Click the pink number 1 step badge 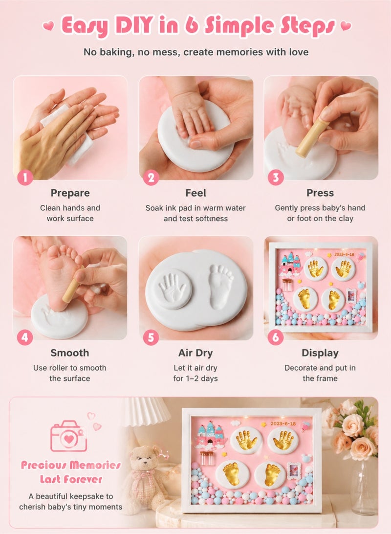[x=25, y=178]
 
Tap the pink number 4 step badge [x=25, y=337]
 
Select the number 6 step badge [x=276, y=337]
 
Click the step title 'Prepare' [x=70, y=193]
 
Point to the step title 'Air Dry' [x=195, y=353]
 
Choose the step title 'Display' [x=320, y=353]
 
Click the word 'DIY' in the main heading [x=134, y=25]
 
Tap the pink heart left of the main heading [x=48, y=25]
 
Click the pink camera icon [x=69, y=436]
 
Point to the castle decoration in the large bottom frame [x=208, y=435]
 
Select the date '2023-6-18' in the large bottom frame [x=283, y=423]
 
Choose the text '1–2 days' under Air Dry [x=201, y=378]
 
